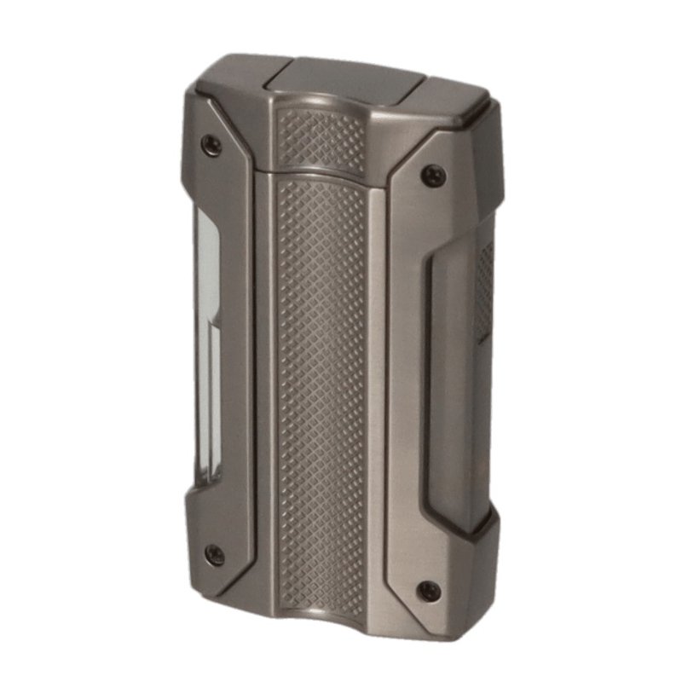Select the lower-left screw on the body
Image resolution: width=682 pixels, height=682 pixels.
(213, 555)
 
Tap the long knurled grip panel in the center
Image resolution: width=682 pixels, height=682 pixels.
(321, 384)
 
